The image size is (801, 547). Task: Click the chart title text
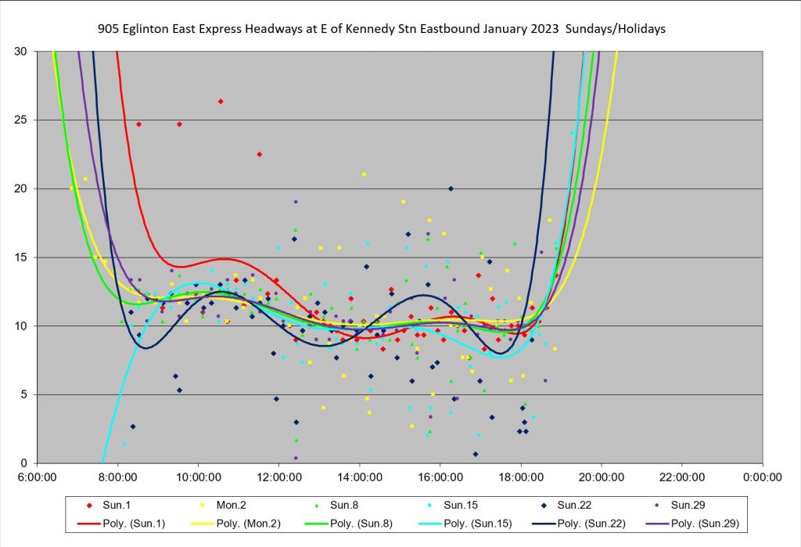pos(382,29)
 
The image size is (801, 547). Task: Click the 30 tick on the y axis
pos(21,51)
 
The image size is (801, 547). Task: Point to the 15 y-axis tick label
pos(21,257)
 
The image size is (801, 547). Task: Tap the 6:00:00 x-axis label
pos(38,475)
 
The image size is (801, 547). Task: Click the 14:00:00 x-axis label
pos(359,475)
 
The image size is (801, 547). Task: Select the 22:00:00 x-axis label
pos(681,475)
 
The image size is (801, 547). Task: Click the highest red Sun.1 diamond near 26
pos(221,101)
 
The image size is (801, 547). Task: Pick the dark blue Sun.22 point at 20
pos(451,189)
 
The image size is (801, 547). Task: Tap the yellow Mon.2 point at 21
pos(364,175)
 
